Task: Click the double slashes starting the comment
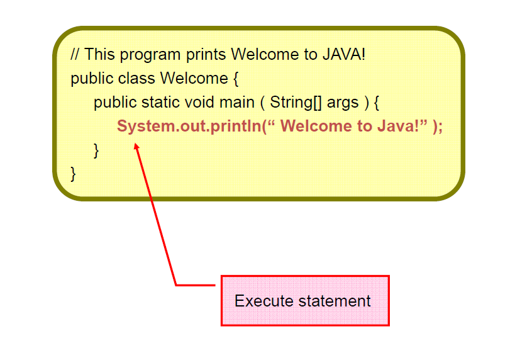tap(75, 55)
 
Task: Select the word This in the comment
tap(99, 55)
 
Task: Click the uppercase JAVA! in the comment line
tap(343, 55)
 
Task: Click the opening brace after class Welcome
tap(235, 79)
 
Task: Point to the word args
tap(343, 103)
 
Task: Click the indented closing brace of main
tap(96, 150)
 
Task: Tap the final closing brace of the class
tap(74, 173)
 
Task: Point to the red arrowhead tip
tap(136, 145)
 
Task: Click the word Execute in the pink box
tap(263, 301)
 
